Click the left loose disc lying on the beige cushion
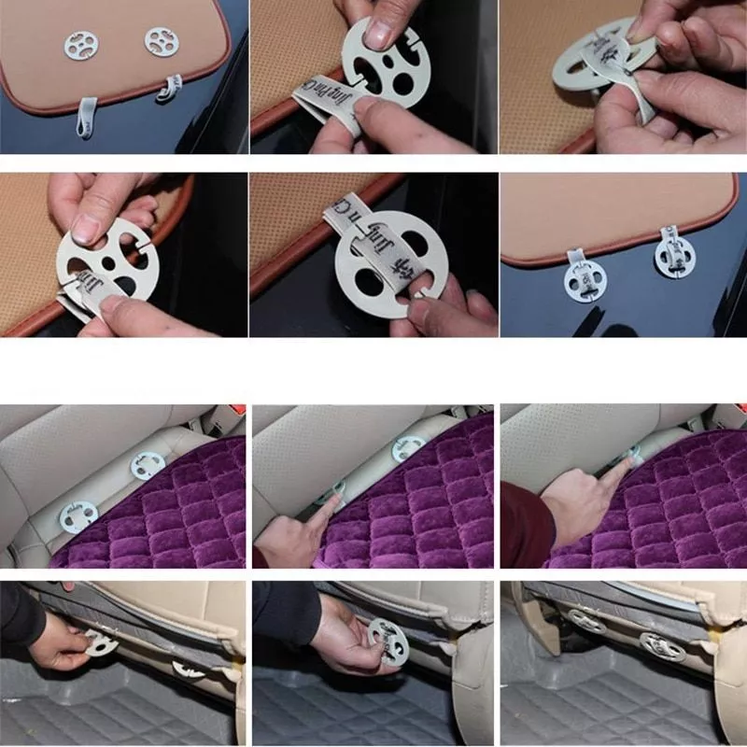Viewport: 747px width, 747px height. (80, 42)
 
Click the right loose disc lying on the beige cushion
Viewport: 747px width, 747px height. (161, 40)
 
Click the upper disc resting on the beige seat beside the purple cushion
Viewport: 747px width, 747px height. (147, 465)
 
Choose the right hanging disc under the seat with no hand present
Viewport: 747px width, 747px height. (661, 645)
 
